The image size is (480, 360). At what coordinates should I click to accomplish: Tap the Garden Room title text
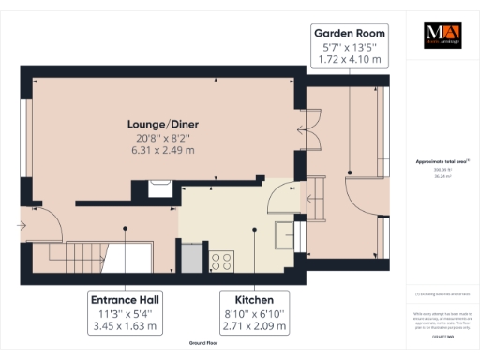(x=348, y=34)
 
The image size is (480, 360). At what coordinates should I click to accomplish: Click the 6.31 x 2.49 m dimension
(x=162, y=150)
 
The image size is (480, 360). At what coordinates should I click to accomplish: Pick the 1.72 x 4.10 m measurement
(x=348, y=59)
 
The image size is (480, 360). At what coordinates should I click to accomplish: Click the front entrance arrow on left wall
(x=22, y=225)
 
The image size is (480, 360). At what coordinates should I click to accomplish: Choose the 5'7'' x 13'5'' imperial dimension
(x=348, y=47)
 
